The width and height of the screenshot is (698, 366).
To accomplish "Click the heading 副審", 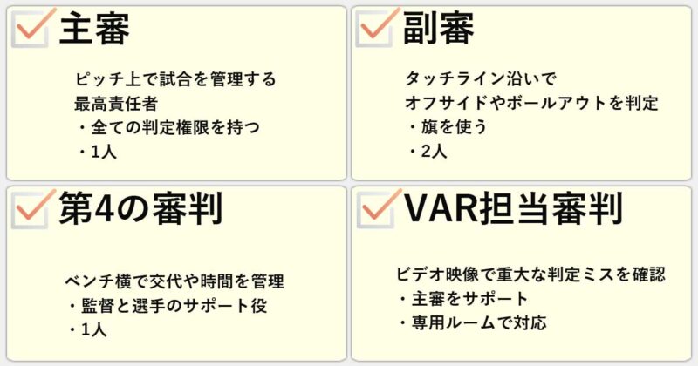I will click(x=438, y=30).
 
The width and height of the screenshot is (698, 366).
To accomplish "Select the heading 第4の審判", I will click(x=140, y=208).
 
